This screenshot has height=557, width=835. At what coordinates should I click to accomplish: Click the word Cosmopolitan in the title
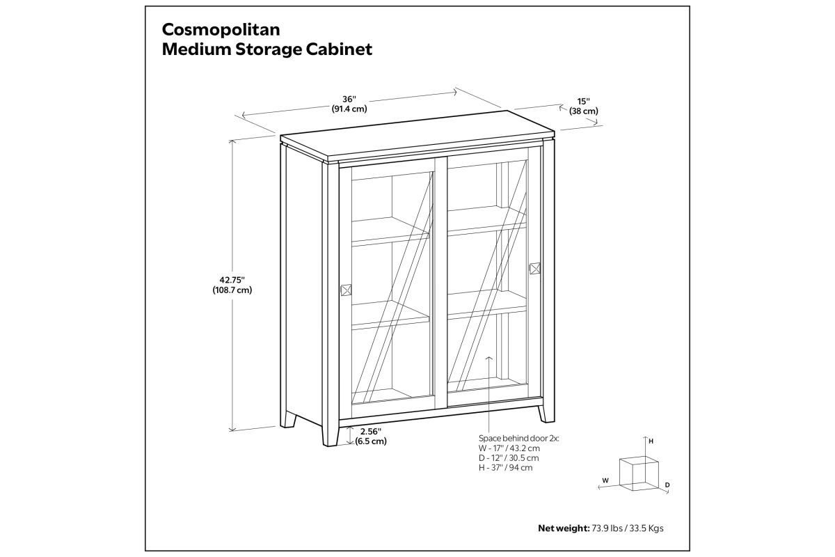point(221,30)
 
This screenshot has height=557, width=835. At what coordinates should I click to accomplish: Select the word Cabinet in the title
point(339,49)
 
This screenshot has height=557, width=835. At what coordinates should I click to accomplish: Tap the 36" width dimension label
point(349,100)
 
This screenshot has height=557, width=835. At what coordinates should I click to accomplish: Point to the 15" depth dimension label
point(583,102)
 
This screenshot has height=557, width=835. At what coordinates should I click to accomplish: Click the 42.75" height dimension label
point(232,280)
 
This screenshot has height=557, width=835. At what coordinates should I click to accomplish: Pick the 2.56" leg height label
point(370,431)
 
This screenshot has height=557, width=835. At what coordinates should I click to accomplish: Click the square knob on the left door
point(347,290)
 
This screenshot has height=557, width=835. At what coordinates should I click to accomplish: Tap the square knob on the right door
point(535,268)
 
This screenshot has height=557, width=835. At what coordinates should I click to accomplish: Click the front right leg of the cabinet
point(546,414)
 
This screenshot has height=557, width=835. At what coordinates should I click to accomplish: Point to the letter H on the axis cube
point(651,441)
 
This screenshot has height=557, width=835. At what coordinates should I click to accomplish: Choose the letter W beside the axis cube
point(605,480)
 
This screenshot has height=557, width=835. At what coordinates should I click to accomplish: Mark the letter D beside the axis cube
point(667,485)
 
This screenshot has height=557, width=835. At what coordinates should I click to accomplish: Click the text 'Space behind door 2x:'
point(519,439)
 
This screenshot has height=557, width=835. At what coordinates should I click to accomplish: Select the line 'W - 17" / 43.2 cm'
point(509,448)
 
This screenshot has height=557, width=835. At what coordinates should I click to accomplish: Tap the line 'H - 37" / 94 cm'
point(505,467)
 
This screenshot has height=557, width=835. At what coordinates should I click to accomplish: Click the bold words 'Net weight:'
point(564,528)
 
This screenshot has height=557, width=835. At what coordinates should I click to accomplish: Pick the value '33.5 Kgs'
point(646,528)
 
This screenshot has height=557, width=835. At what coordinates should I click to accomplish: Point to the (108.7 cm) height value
point(232,290)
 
